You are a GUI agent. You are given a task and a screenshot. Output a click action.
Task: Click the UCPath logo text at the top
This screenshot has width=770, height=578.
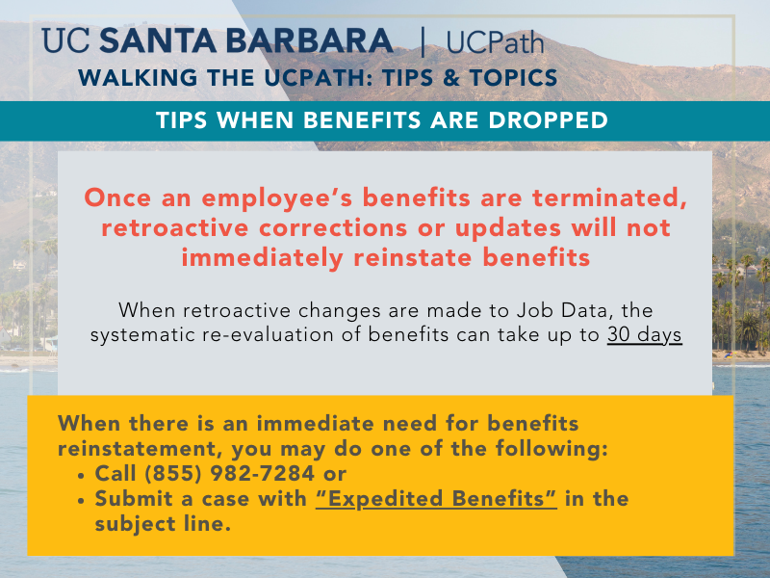tap(495, 42)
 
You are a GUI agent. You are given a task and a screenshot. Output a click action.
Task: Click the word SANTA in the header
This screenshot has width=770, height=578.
tap(158, 40)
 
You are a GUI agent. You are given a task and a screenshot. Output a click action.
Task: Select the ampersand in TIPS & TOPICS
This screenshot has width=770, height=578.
tap(450, 78)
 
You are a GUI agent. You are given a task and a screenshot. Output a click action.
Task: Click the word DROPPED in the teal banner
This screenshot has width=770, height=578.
tap(548, 119)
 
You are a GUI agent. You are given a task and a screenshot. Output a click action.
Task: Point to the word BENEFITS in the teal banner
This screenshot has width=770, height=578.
tap(363, 119)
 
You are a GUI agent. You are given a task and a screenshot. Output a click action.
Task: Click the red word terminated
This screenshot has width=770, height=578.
tap(609, 198)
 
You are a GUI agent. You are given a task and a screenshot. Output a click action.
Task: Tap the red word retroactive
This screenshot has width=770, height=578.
tap(175, 228)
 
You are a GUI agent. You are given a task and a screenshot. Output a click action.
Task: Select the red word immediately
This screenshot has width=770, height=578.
tap(262, 258)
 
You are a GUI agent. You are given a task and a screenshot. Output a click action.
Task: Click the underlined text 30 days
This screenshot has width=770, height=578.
tap(644, 334)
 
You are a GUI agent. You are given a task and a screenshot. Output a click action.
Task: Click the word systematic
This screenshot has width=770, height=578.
tap(142, 335)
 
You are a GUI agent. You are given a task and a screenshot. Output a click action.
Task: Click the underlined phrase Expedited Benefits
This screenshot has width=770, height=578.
tap(436, 499)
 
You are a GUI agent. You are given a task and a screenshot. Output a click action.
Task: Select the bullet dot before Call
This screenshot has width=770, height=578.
tap(81, 476)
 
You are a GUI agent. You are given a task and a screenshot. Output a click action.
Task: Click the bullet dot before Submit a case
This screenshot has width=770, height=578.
tap(81, 501)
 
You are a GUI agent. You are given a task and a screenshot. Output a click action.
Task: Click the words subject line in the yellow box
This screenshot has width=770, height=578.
tap(163, 524)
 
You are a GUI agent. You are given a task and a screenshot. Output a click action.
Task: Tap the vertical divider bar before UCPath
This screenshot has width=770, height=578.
tap(423, 42)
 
